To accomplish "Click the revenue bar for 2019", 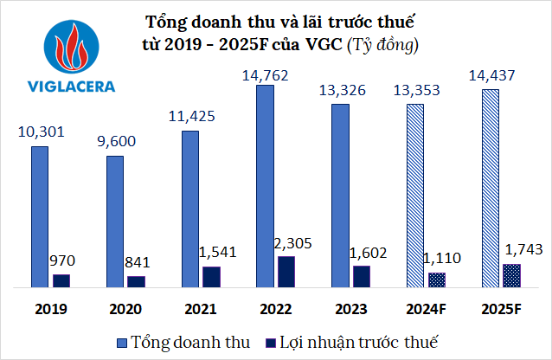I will point(40,216).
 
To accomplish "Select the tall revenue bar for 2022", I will point(265,185).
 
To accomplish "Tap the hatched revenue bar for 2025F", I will point(491,187).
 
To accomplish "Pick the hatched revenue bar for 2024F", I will point(415,196).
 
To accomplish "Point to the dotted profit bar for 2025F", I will point(512,275).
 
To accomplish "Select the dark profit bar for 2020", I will point(136,281).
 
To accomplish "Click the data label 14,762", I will point(264,74).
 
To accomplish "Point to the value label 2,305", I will point(286,245).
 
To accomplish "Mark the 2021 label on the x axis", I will point(201,309).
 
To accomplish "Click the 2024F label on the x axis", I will point(427,309).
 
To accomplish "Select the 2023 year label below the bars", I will point(351,309).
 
